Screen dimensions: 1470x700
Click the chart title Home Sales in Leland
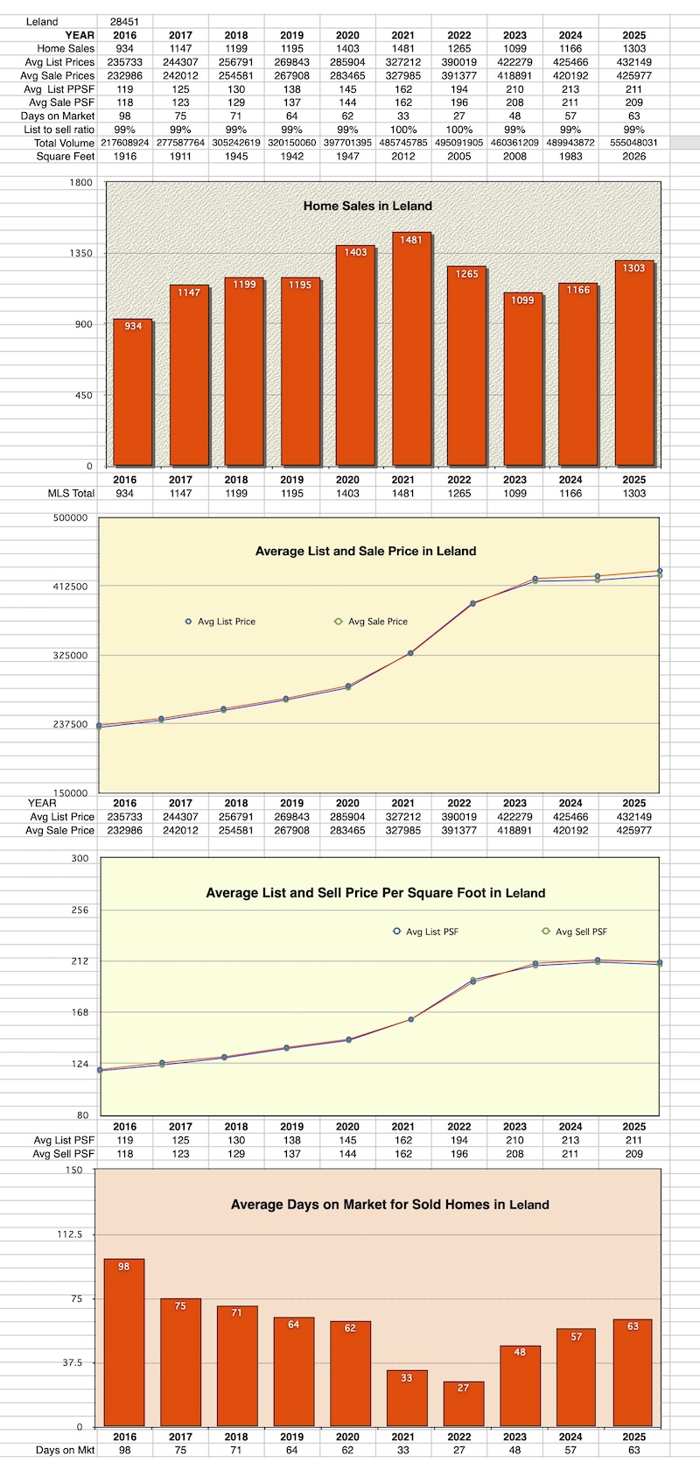point(367,206)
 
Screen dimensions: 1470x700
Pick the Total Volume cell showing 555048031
point(634,143)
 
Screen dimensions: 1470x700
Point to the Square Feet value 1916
point(125,157)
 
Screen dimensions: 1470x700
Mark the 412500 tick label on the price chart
point(70,587)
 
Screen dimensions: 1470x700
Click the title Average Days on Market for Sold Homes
point(389,1205)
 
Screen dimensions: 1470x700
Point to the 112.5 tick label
point(69,1234)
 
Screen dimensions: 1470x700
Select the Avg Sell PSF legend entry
point(580,932)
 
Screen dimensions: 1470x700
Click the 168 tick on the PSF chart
point(80,1013)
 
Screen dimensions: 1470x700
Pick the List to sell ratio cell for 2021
point(403,130)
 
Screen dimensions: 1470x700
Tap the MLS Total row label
point(71,494)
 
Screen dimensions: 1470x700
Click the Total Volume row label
point(64,143)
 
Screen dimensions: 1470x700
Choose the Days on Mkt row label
point(65,1451)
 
